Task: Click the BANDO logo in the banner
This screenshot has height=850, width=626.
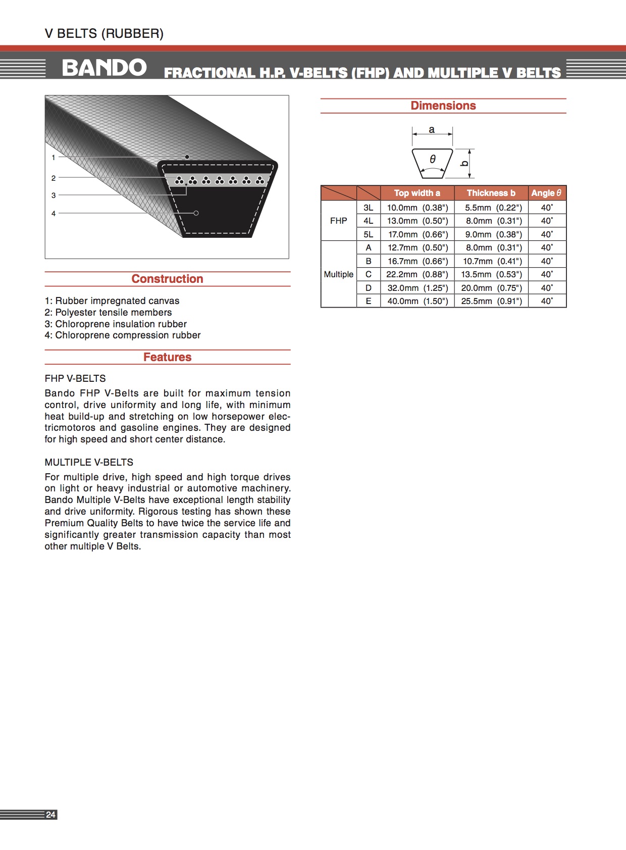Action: (x=104, y=68)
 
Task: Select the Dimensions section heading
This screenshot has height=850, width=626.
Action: (x=443, y=106)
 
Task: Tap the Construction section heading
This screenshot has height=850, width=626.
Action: (x=167, y=279)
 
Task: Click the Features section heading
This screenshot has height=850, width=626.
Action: (x=167, y=357)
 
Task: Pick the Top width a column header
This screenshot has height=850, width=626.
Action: (x=417, y=193)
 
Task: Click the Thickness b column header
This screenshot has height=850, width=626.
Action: (x=491, y=193)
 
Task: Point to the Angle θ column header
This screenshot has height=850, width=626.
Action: (x=546, y=193)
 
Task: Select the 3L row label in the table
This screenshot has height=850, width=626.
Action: (x=369, y=208)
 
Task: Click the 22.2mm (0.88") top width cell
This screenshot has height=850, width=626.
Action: (x=417, y=274)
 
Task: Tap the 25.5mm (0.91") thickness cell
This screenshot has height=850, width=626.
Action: (x=491, y=301)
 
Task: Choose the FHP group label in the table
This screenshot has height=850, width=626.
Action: (x=338, y=221)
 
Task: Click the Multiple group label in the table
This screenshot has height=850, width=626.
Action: (x=338, y=274)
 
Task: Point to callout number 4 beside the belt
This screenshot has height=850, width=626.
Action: (x=54, y=214)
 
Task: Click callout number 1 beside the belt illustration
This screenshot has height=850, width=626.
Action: (x=54, y=158)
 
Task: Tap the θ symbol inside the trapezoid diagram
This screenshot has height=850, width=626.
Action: (x=433, y=159)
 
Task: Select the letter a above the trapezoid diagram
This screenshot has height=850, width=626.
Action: (x=432, y=130)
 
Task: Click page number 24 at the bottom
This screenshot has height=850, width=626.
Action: (x=50, y=815)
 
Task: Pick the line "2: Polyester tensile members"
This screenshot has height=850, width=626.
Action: (x=108, y=312)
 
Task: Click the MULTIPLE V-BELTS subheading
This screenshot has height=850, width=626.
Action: (x=89, y=462)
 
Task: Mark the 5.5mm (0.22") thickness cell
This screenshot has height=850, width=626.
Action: (x=491, y=208)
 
